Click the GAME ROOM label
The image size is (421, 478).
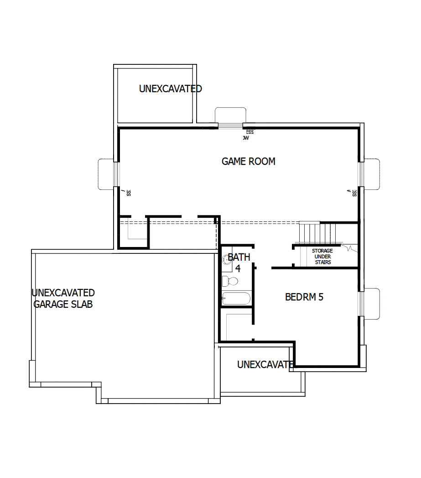click(248, 161)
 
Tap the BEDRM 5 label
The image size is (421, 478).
click(304, 297)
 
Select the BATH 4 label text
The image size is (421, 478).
click(239, 262)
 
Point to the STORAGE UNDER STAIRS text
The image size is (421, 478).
click(322, 257)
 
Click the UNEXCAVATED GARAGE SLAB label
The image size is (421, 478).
click(63, 298)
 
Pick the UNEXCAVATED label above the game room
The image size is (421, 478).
click(170, 89)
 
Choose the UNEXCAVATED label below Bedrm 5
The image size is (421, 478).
click(265, 364)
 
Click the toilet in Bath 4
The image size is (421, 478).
click(230, 280)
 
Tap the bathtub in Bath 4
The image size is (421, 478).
click(236, 299)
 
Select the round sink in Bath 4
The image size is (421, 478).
click(227, 260)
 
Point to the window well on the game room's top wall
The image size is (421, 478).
click(230, 116)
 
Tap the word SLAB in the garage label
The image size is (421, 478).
click(82, 304)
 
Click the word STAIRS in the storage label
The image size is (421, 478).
click(322, 263)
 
